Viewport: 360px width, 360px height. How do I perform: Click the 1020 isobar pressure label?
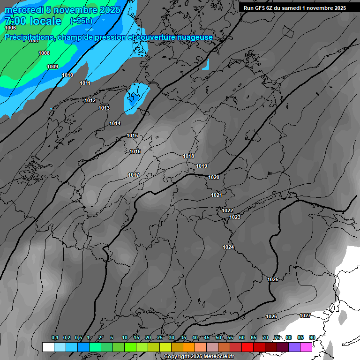pos(214,177)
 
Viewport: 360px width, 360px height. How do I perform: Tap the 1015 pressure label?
pos(132,136)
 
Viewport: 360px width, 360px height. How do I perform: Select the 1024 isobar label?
pos(228,247)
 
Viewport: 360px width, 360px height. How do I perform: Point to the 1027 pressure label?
pos(305,315)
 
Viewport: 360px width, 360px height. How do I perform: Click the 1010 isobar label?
pos(67,75)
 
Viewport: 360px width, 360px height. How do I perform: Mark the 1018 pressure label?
pos(188,156)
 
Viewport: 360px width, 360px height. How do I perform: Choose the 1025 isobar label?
pos(273,279)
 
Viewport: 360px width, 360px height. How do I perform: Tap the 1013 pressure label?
pos(104,108)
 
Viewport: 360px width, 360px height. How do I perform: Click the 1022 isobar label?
pos(227,211)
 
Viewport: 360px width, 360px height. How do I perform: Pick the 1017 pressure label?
pos(134,175)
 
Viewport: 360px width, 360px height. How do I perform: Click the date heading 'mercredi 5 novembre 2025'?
pos(62,10)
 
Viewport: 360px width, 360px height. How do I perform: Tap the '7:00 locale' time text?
pos(33,21)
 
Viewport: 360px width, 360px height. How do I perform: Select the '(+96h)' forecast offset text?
pos(81,21)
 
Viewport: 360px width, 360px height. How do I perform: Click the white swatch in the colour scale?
pos(48,347)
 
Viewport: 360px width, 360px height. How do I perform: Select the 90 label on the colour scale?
pos(312,337)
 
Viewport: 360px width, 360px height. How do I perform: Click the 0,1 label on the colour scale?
pos(55,337)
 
